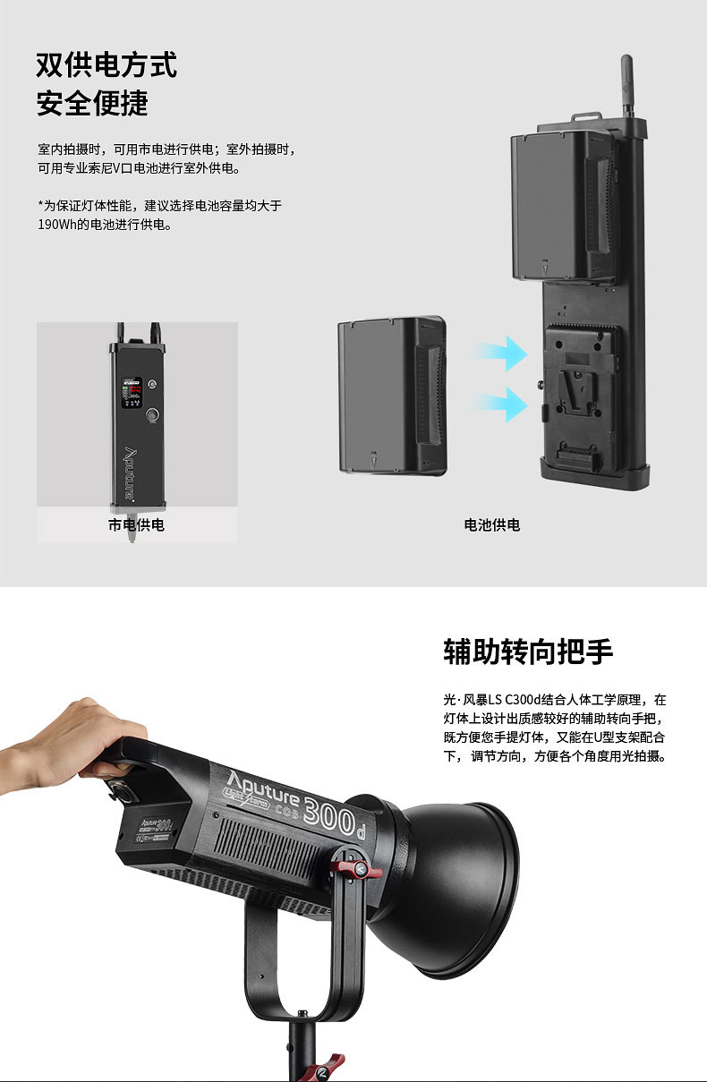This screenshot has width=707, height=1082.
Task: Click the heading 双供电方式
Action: [x=106, y=65]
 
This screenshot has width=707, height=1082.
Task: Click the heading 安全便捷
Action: [x=92, y=103]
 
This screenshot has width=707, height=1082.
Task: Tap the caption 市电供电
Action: [x=136, y=525]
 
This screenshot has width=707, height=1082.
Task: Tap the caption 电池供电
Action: [x=492, y=525]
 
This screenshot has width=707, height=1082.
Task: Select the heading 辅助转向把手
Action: [x=528, y=652]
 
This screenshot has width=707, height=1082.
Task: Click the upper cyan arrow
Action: [x=500, y=354]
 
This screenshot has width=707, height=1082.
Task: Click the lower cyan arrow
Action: [x=500, y=405]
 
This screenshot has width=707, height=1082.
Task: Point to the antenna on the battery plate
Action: [x=626, y=87]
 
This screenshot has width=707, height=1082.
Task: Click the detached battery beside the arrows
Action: [x=392, y=396]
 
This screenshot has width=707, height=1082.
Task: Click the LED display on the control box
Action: [x=132, y=392]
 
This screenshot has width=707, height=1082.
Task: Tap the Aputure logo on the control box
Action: [x=131, y=473]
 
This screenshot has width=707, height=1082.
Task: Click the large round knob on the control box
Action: [x=153, y=415]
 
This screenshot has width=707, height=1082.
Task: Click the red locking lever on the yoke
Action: [x=356, y=869]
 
